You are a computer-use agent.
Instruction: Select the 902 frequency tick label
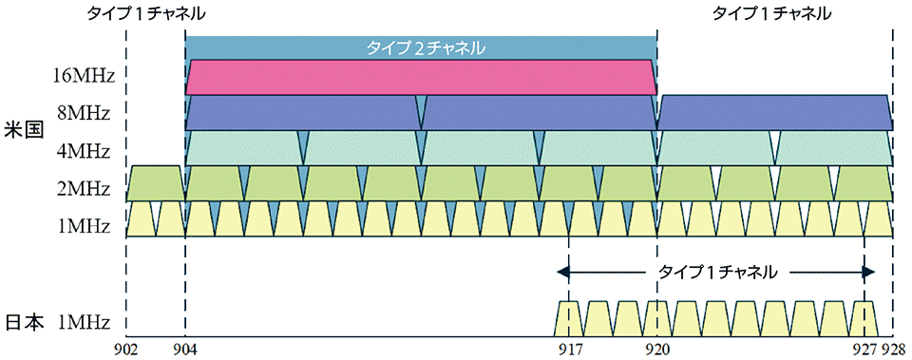(125, 350)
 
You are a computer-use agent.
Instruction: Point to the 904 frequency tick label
(186, 350)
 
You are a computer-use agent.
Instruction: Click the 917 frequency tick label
(568, 350)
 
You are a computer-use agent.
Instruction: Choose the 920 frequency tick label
(657, 350)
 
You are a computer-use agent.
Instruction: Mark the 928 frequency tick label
(894, 350)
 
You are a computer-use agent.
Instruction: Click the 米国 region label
(24, 131)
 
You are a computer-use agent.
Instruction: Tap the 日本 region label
(24, 322)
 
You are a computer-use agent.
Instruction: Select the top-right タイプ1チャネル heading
(771, 14)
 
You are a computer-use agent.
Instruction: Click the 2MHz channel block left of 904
(155, 183)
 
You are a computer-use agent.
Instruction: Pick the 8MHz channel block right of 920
(774, 112)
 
